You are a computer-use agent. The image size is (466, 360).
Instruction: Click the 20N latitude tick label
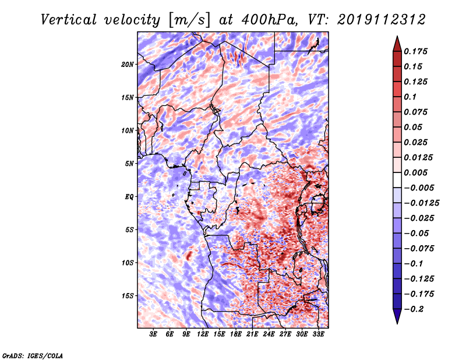[128, 65]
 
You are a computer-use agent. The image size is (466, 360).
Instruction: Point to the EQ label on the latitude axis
[129, 197]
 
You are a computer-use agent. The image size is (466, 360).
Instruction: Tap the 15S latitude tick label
[128, 296]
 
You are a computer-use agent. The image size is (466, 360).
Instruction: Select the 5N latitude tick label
[129, 164]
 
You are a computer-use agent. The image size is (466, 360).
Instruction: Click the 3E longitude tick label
[153, 334]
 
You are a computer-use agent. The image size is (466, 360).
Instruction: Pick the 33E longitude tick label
[318, 334]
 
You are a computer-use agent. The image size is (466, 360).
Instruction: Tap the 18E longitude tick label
[236, 334]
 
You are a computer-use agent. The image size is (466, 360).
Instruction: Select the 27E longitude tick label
[285, 334]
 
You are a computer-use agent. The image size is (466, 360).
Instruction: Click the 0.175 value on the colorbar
[415, 51]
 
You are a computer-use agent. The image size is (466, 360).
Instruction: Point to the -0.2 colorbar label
[414, 309]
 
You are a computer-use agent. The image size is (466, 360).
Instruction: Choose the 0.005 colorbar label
[415, 172]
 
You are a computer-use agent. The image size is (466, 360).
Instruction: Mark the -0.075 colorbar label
[419, 249]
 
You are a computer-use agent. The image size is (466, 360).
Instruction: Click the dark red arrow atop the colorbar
[397, 44]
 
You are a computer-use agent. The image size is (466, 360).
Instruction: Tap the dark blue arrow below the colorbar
[397, 316]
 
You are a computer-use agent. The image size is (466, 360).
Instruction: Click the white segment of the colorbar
[397, 180]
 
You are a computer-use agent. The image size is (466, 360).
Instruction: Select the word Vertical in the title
[69, 20]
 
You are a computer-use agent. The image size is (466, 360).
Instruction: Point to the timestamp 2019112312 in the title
[382, 20]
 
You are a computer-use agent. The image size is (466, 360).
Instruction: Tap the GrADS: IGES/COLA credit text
[33, 356]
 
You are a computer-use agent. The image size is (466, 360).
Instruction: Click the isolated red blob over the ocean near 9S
[188, 255]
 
